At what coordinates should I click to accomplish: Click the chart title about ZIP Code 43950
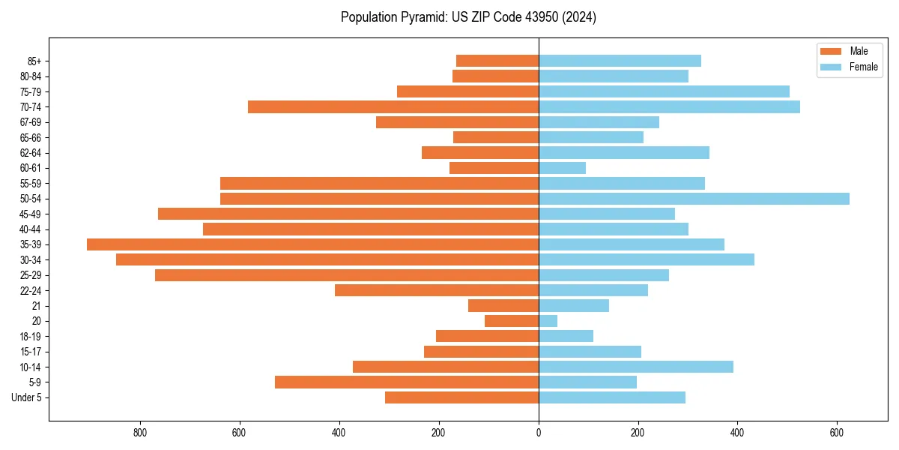click(468, 17)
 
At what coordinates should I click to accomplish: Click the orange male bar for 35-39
click(312, 244)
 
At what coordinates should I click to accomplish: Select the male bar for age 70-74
click(393, 106)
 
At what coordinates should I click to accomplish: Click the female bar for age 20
click(548, 321)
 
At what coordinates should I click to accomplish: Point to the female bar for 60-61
click(562, 168)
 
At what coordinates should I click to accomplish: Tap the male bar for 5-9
click(407, 382)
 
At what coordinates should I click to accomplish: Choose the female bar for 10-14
click(636, 367)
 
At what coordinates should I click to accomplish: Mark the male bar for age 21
click(503, 306)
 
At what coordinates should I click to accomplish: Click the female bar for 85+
click(620, 61)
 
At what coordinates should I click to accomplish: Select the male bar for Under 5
click(461, 397)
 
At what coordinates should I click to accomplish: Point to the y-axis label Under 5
click(26, 397)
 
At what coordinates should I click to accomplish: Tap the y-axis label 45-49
click(30, 214)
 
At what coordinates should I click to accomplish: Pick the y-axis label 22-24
click(30, 290)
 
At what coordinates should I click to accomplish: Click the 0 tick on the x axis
click(539, 433)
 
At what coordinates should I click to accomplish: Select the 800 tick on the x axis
click(140, 433)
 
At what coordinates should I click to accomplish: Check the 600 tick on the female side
click(837, 433)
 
